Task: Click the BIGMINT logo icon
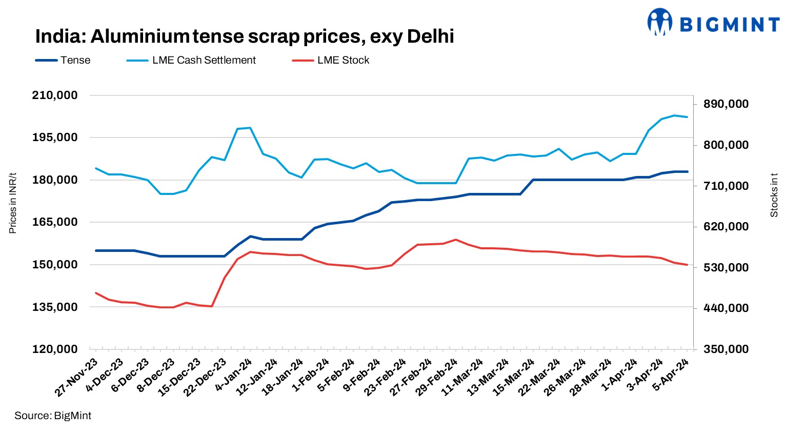[659, 22]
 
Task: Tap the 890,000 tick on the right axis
[725, 104]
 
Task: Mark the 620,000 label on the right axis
[725, 227]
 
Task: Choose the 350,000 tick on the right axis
[725, 349]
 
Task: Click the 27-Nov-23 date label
[77, 378]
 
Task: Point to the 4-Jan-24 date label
[234, 375]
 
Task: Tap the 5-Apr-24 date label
[671, 375]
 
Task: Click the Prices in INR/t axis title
[13, 203]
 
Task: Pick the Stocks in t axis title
[774, 195]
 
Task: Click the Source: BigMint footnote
[53, 416]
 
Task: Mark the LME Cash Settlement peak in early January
[250, 128]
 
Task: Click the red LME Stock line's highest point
[456, 240]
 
